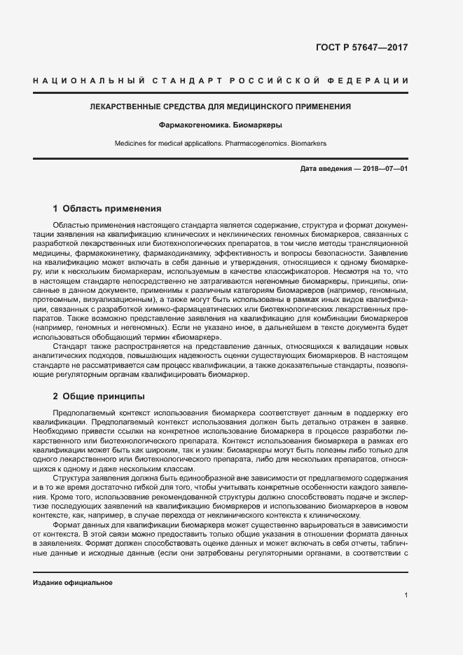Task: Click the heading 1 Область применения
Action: pyautogui.click(x=107, y=208)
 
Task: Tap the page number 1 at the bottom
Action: pyautogui.click(x=406, y=595)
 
